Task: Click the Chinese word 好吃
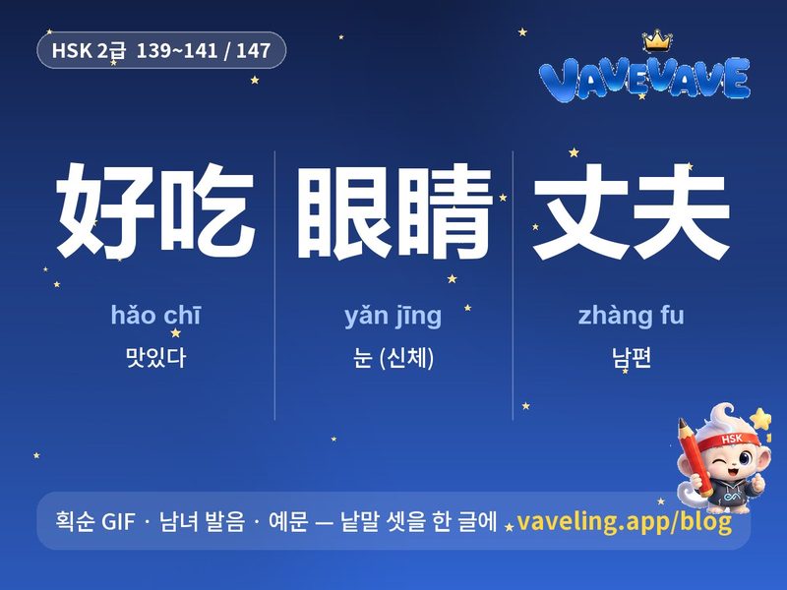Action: pos(155,210)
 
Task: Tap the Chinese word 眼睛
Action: pos(393,211)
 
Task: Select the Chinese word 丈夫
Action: pos(632,211)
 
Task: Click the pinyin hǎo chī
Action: pos(155,315)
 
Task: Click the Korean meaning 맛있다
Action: pos(155,357)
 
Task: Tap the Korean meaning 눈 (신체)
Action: pos(393,358)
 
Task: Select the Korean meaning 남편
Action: pos(632,358)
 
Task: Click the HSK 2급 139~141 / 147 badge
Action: pos(161,50)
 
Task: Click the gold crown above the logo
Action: pos(657,41)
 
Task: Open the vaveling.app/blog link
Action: pos(624,522)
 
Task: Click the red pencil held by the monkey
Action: pos(697,456)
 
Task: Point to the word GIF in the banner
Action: pos(118,522)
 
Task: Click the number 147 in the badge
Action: pos(254,51)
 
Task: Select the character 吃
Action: pos(208,210)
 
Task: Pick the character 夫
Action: pos(681,211)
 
